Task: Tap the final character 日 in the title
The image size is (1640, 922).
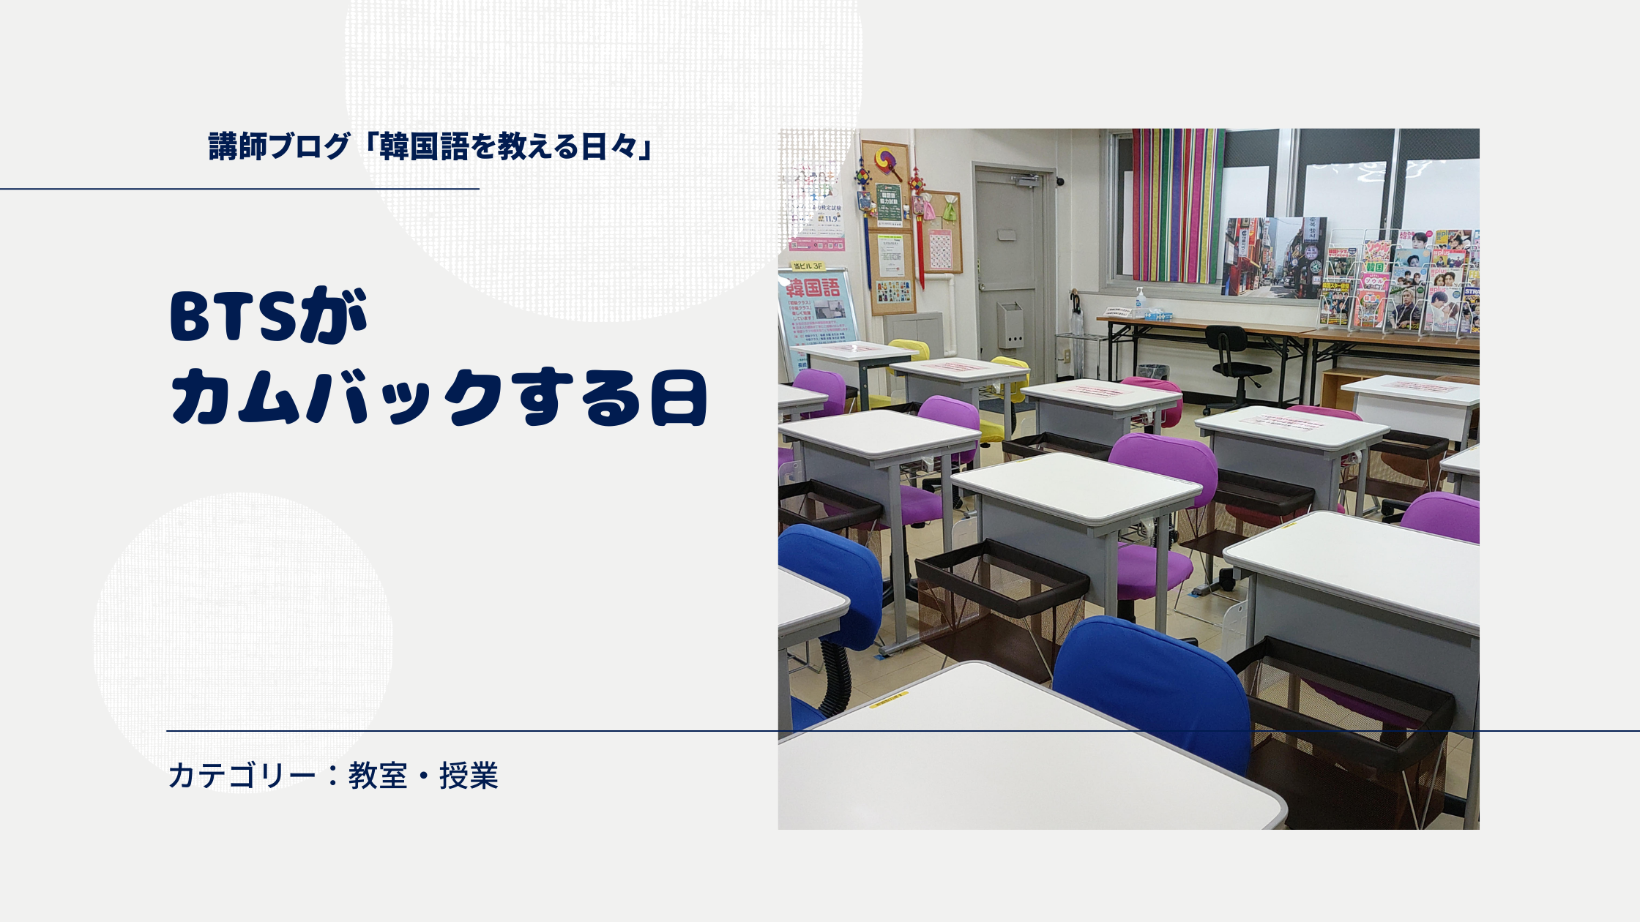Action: (x=679, y=399)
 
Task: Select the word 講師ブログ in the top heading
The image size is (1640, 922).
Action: (x=279, y=146)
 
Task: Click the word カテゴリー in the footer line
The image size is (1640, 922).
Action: (x=242, y=776)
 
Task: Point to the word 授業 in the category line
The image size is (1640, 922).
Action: (x=469, y=776)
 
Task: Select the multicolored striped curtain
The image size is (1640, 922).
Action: (x=1177, y=205)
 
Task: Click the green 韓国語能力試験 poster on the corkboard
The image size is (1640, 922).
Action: (x=889, y=205)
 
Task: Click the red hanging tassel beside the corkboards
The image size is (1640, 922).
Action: (x=919, y=234)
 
